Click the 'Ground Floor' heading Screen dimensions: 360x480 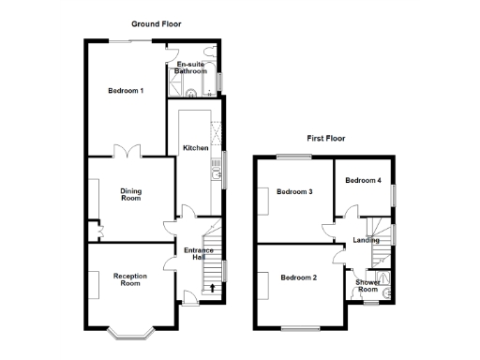[155, 22]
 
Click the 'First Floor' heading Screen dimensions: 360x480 [325, 138]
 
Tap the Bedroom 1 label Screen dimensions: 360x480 [126, 91]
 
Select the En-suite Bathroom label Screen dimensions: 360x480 [191, 67]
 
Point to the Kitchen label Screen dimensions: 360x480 [195, 148]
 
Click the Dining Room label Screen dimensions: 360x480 [130, 194]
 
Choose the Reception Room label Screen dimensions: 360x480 [130, 279]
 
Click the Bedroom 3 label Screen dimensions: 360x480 [296, 192]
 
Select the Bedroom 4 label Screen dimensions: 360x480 [363, 180]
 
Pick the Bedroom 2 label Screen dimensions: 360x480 [298, 277]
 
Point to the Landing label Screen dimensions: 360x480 [366, 241]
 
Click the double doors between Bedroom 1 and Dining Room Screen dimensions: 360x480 [127, 152]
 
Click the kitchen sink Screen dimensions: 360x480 [217, 171]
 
